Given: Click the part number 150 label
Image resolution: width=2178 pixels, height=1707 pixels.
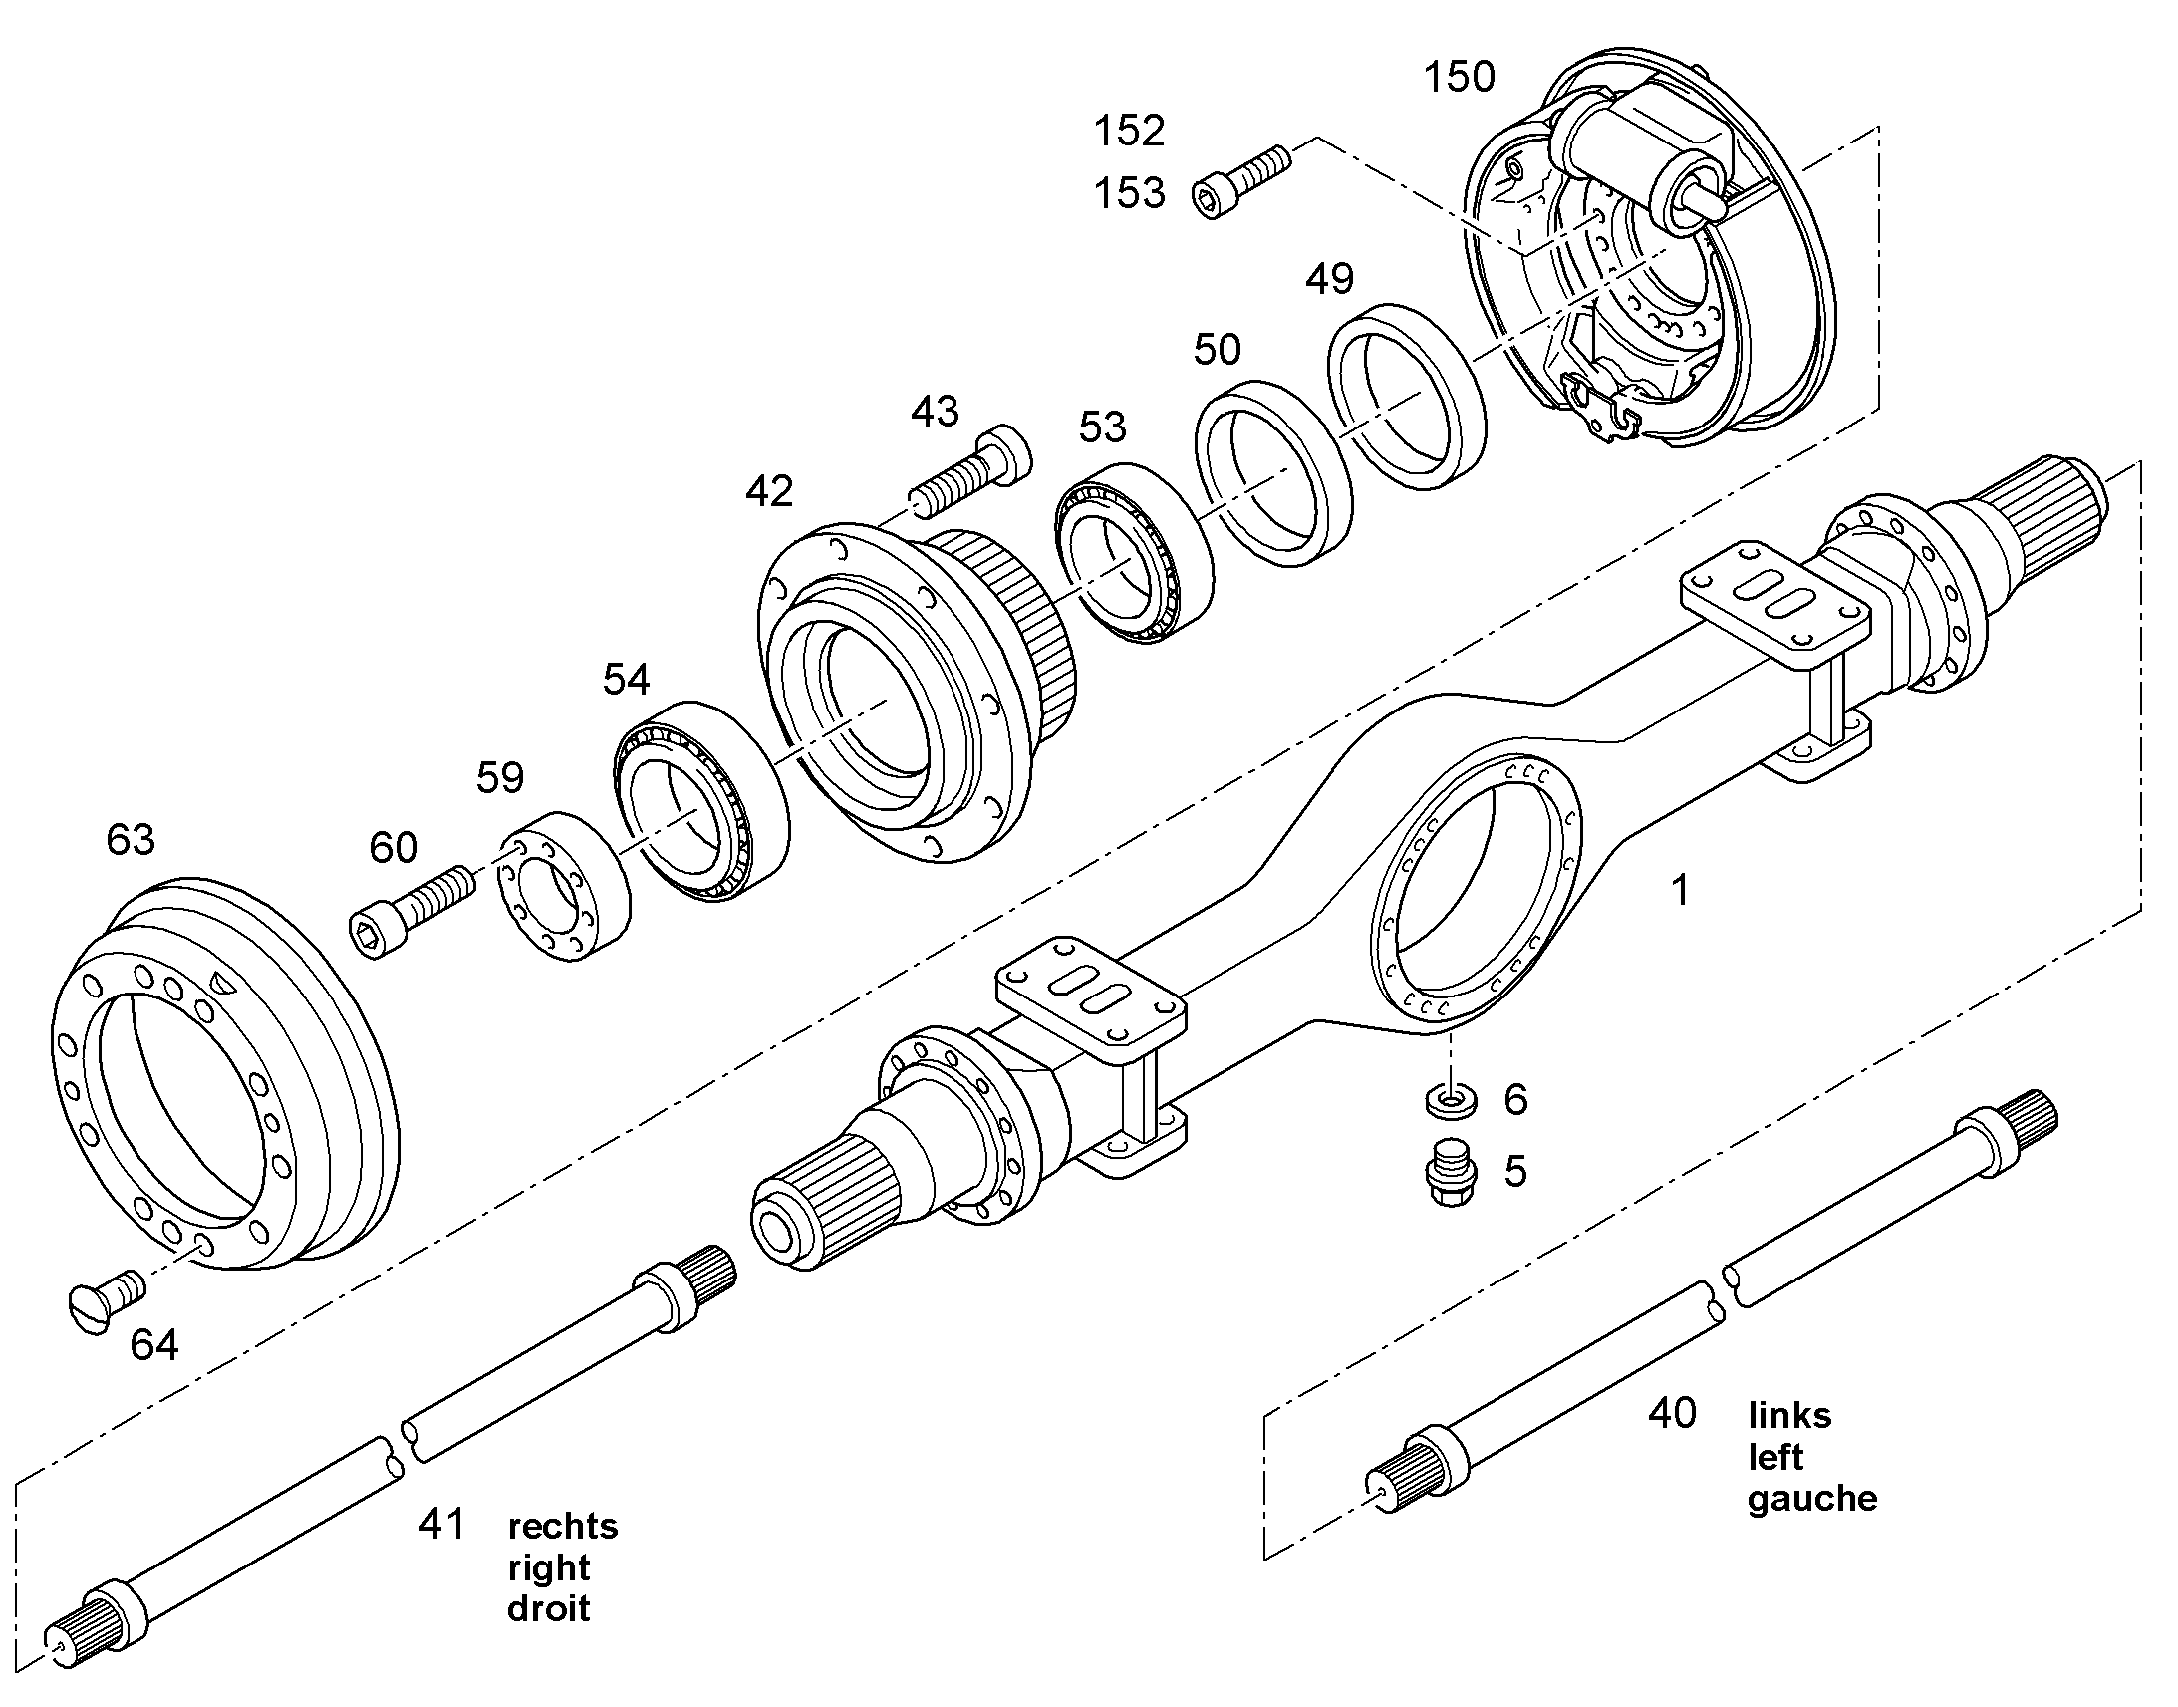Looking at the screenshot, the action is (1459, 77).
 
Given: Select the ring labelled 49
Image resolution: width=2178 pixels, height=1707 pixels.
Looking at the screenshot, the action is (1406, 397).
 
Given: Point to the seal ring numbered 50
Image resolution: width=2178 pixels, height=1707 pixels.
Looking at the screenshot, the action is (1274, 472).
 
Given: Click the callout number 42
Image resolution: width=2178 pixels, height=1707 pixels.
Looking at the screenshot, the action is (769, 491).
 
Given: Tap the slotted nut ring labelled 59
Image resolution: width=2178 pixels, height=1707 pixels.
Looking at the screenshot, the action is (564, 888).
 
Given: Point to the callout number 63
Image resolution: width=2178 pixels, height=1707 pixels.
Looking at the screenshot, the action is (131, 840).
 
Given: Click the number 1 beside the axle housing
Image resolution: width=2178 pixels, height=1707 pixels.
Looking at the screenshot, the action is (1681, 890).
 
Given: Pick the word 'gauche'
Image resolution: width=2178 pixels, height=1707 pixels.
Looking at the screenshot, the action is (1812, 1498).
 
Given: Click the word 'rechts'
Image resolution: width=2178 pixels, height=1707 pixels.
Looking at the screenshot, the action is (563, 1526).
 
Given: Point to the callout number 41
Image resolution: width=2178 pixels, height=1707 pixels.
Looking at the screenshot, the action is (442, 1524).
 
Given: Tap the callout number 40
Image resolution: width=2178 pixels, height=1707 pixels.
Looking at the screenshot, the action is (1673, 1413).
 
